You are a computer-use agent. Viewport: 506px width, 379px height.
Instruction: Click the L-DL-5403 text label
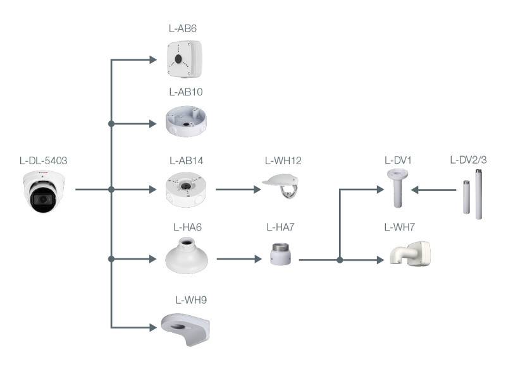[43, 160]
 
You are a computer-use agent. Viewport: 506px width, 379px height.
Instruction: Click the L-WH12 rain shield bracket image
[283, 187]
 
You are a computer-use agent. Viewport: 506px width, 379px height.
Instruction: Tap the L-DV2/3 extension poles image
[472, 198]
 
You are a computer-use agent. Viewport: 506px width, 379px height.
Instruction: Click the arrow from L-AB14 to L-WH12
[238, 189]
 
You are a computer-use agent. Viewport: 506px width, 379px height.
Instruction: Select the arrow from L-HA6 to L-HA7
[239, 259]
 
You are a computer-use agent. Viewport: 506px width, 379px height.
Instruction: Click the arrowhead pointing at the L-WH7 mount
[379, 260]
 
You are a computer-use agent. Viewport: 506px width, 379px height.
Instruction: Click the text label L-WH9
[191, 299]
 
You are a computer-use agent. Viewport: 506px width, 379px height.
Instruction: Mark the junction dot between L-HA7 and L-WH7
[340, 260]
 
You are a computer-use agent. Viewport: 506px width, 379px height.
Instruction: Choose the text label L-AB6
[184, 28]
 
